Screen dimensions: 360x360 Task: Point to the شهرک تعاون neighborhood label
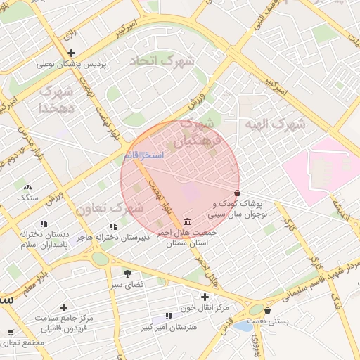[109, 209]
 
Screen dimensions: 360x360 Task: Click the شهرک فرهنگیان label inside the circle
[201, 133]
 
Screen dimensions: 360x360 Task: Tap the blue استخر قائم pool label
[143, 154]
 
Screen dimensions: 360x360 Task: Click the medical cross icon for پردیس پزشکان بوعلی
[71, 53]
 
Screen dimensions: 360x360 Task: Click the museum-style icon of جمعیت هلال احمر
[186, 222]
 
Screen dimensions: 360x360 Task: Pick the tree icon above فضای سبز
[127, 274]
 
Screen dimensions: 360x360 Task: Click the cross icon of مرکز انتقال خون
[205, 297]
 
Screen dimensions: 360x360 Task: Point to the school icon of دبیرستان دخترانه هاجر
[113, 226]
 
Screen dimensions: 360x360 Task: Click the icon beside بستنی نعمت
[269, 309]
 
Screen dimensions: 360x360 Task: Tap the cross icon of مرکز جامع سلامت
[64, 307]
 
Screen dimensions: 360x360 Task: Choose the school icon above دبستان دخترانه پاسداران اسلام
[44, 224]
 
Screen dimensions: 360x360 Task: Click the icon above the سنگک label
[28, 188]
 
